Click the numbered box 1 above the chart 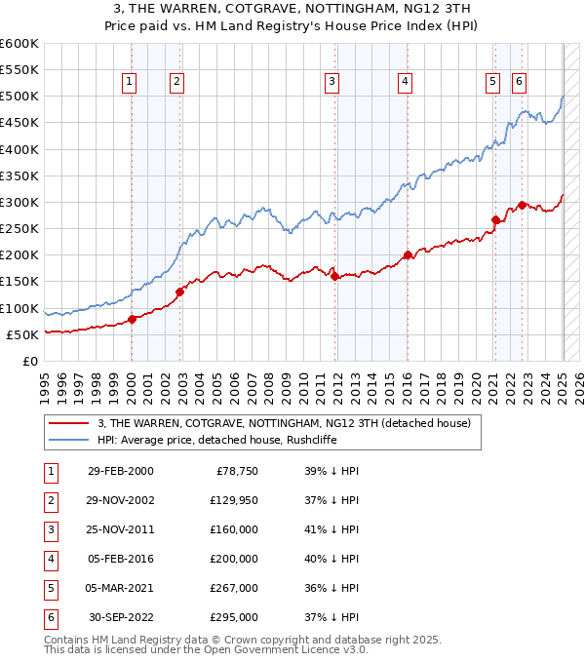(131, 82)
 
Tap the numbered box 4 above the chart (404, 82)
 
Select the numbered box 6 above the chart (519, 82)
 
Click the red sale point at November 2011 (334, 276)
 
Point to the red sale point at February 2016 (407, 255)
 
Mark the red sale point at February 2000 (132, 319)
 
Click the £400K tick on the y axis (19, 149)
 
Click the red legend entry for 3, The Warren (284, 423)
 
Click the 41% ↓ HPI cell (333, 530)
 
